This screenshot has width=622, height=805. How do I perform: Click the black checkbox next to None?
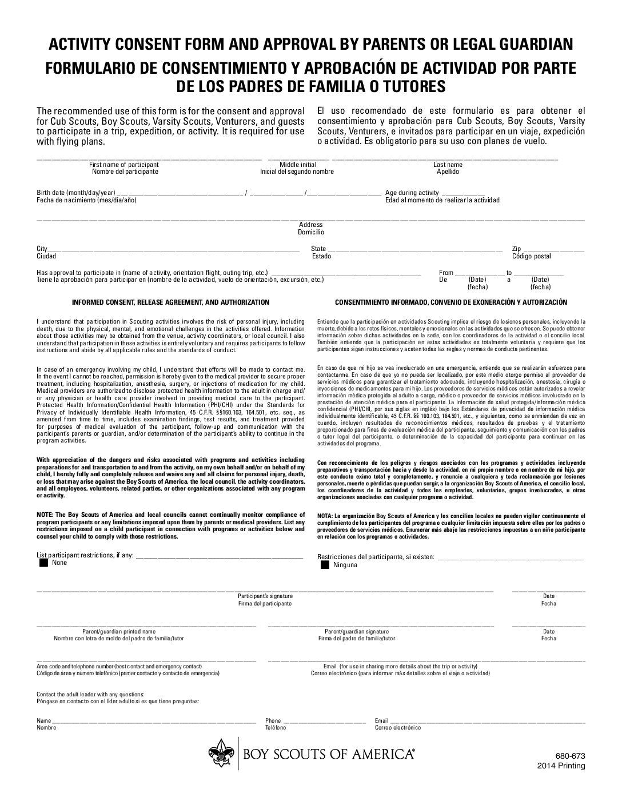43,563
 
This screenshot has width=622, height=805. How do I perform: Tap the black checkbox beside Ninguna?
325,565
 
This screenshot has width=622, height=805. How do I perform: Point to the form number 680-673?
573,756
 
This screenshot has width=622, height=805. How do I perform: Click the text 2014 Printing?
561,766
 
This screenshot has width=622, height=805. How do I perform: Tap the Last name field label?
448,165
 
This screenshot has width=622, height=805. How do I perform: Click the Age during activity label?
412,193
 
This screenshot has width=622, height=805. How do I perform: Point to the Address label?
310,225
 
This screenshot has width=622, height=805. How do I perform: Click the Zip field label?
516,249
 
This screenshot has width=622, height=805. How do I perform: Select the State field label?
318,249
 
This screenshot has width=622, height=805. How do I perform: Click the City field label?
42,249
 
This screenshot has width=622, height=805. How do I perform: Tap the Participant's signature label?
265,596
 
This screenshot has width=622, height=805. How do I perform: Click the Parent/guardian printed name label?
119,631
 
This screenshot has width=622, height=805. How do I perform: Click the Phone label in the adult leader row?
273,720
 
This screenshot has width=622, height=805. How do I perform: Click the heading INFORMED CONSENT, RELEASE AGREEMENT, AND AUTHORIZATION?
170,302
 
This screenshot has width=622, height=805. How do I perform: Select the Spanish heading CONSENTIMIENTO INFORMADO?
451,302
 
